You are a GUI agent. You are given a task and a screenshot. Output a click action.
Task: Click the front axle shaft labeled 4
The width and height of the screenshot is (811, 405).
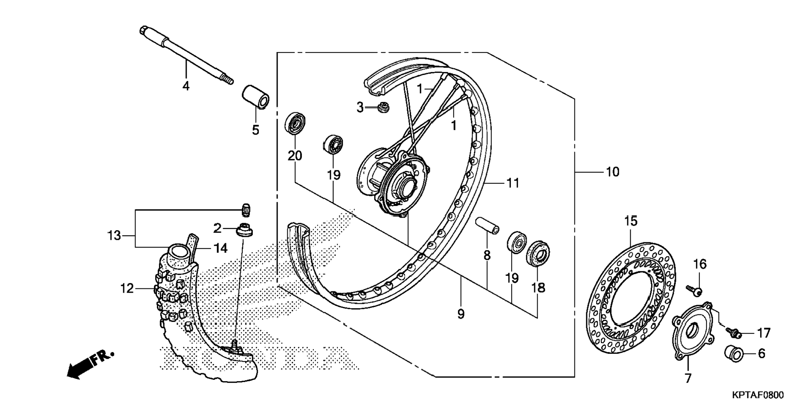point(186,55)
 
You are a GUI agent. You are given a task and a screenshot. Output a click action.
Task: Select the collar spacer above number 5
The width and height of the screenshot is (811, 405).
point(255,97)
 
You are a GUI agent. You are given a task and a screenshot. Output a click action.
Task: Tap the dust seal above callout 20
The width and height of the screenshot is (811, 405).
point(295,123)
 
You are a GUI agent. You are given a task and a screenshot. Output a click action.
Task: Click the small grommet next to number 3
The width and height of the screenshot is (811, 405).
point(382,107)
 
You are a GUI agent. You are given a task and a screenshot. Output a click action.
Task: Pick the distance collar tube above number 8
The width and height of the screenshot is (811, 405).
point(487,226)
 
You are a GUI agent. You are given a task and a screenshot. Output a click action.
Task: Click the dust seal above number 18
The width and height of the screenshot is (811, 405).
point(538,253)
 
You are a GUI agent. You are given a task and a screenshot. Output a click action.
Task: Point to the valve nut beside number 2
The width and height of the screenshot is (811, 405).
point(245,231)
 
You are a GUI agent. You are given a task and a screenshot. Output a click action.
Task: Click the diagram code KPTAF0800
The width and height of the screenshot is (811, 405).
point(758,395)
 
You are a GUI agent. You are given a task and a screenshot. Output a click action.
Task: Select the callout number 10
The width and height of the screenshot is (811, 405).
point(612,172)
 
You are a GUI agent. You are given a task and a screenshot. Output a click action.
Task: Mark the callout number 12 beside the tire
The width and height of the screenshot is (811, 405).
point(127,288)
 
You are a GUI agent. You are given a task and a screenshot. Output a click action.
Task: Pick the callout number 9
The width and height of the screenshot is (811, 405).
point(461,314)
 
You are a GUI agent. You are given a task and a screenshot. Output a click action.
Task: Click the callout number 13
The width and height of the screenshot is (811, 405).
point(114,236)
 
